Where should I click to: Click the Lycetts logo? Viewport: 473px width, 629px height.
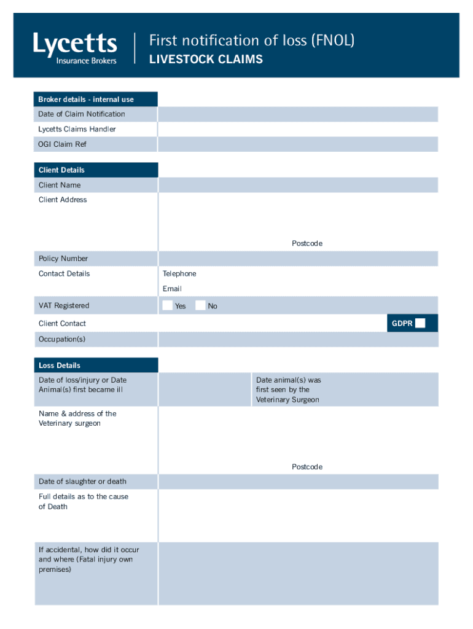pos(75,48)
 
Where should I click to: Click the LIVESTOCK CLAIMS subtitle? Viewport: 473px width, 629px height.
pos(206,60)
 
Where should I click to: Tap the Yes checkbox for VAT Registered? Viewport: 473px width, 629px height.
pos(168,305)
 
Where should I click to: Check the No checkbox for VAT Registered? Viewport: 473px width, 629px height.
pos(200,305)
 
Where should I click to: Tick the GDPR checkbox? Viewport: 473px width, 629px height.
pos(420,323)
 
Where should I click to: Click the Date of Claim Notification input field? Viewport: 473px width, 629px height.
pos(298,114)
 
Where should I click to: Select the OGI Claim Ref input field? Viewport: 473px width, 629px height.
pos(298,144)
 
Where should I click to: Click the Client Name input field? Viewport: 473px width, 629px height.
pos(298,185)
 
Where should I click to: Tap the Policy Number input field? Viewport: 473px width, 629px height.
pos(298,259)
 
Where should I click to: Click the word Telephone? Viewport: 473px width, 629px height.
pos(179,274)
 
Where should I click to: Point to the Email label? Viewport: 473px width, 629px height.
pos(172,289)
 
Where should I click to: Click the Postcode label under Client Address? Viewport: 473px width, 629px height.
pos(307,244)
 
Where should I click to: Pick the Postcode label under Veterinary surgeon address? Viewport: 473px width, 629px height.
pos(307,467)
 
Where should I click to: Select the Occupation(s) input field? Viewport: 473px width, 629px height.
pos(298,340)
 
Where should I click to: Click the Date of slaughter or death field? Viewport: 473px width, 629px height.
pos(298,482)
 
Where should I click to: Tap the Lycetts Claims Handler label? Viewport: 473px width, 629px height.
pos(77,130)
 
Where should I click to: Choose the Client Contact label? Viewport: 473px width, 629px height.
pos(62,324)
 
